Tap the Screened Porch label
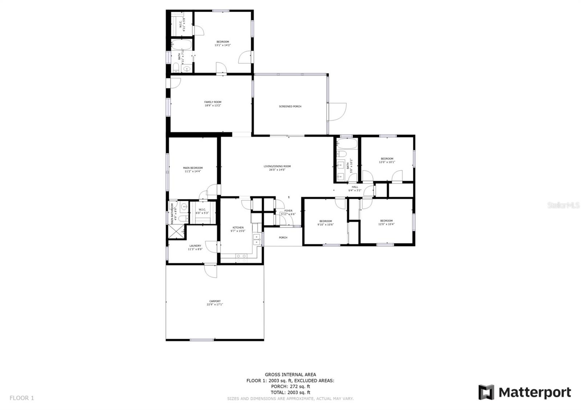[290, 107]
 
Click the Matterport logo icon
[486, 392]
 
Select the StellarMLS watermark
[564, 205]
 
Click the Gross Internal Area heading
[290, 374]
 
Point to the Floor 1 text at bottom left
[22, 398]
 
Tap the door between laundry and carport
[211, 271]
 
